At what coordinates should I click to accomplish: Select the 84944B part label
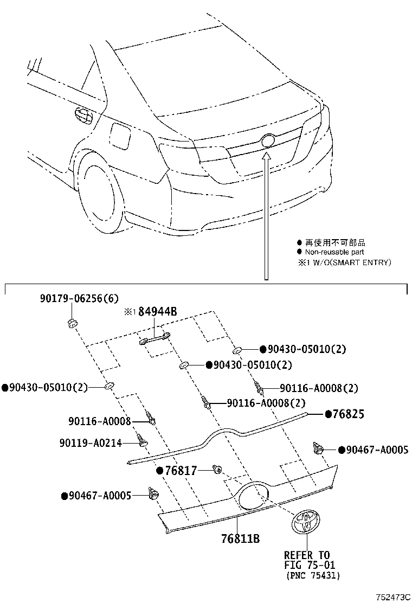158,311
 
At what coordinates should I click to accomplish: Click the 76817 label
181,470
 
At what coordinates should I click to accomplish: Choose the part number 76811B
240,538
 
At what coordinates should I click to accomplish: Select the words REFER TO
306,555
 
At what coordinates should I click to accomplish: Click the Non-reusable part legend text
334,252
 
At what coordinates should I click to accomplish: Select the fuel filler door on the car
120,136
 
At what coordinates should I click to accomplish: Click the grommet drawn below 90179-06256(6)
70,324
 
